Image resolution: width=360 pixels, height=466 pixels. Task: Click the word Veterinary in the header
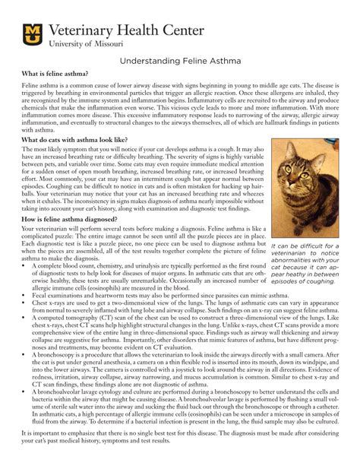tap(84, 30)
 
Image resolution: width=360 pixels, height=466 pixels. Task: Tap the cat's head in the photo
tap(304, 163)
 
